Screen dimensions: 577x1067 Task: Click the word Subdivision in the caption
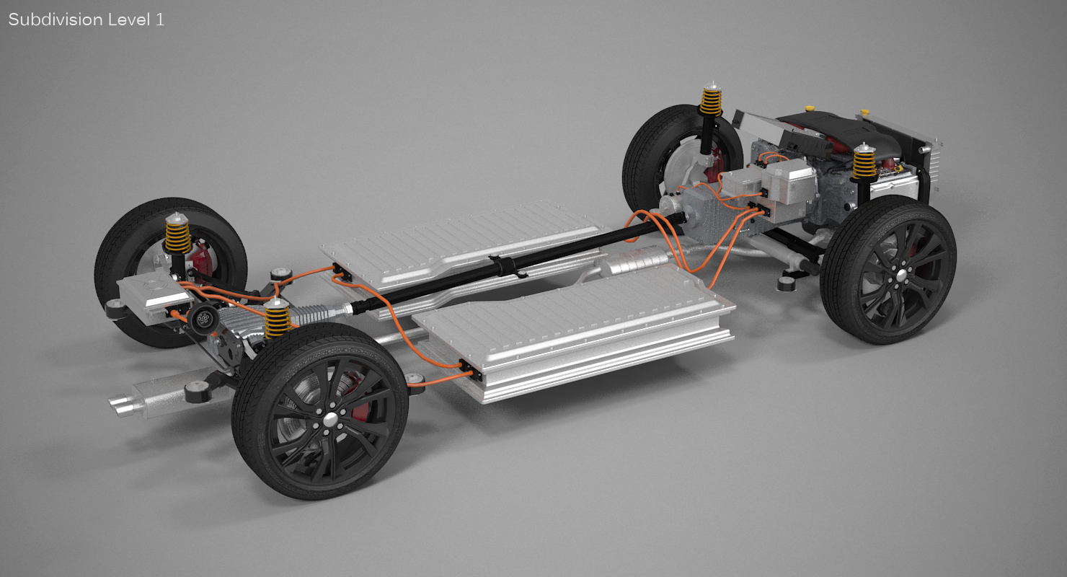55,19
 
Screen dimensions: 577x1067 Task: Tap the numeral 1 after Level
159,19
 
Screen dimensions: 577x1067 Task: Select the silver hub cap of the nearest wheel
330,420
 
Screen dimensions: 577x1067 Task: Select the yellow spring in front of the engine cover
864,164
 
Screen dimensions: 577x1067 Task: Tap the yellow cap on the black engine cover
810,108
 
